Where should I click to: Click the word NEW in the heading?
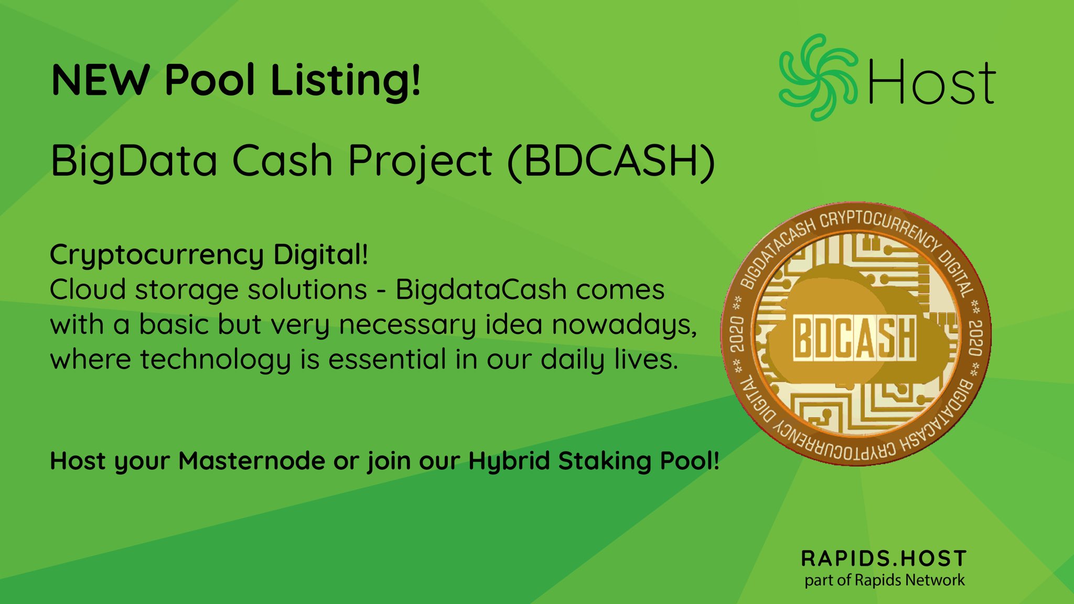[100, 80]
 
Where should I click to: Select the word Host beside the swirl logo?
[932, 81]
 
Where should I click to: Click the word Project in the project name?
[420, 163]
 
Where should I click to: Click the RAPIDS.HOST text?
[884, 558]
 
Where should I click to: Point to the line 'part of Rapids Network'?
[885, 580]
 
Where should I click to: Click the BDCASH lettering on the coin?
[855, 337]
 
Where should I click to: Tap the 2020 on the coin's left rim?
[737, 334]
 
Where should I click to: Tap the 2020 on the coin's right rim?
[975, 338]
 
